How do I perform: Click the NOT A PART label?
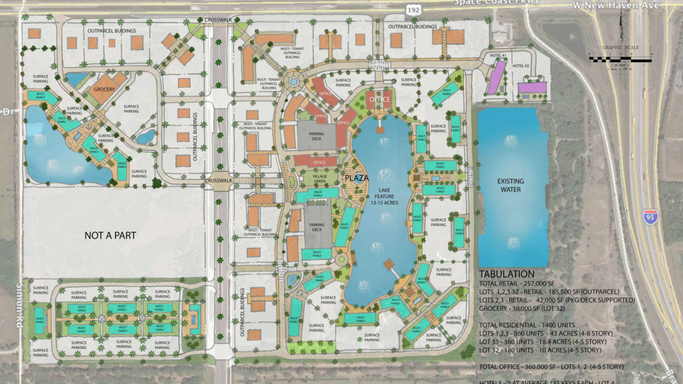(x=110, y=235)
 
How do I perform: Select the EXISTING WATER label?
(x=511, y=185)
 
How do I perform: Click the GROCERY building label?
(x=104, y=89)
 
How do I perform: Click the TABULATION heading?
(x=507, y=274)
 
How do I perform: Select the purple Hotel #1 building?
(x=496, y=76)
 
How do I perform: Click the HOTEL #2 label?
(x=521, y=66)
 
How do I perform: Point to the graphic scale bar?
(x=620, y=59)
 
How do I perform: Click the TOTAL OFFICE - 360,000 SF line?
(x=551, y=366)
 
